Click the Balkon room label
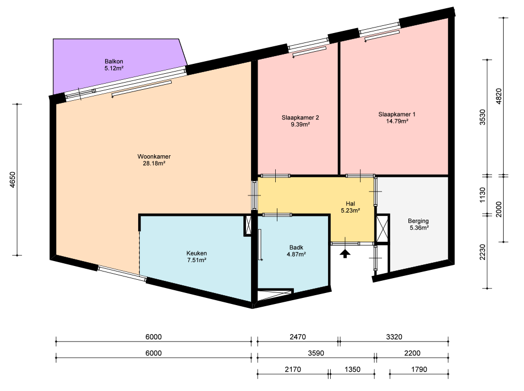click(x=114, y=65)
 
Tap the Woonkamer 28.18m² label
click(x=154, y=160)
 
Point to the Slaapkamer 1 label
click(x=397, y=118)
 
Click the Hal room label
click(x=350, y=207)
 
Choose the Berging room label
click(x=419, y=224)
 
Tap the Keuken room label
click(x=197, y=257)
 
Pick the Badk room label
click(x=296, y=251)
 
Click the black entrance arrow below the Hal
click(x=345, y=253)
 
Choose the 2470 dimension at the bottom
click(x=297, y=337)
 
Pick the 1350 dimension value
click(x=352, y=370)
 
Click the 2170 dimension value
click(x=293, y=370)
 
